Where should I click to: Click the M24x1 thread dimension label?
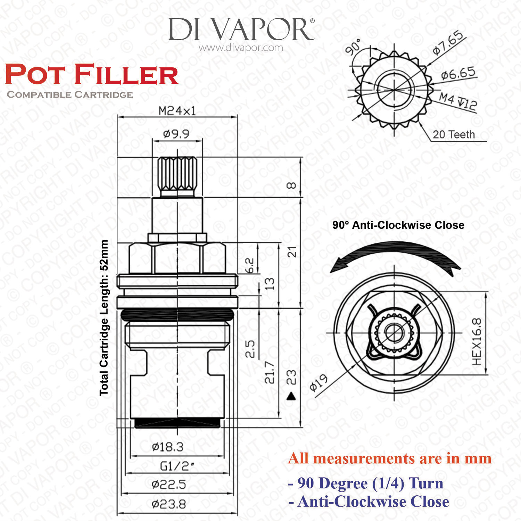[177, 111]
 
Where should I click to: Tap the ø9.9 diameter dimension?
[176, 134]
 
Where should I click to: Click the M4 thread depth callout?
[458, 101]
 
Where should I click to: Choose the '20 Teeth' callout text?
[454, 134]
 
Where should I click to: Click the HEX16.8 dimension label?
[477, 341]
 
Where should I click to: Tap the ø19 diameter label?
[319, 382]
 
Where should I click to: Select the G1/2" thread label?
[177, 466]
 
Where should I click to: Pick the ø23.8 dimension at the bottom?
[169, 504]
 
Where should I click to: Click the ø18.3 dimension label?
[168, 447]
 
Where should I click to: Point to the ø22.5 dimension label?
[169, 484]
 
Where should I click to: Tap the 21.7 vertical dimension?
[270, 372]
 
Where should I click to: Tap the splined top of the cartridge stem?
[177, 174]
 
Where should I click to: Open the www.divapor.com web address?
[241, 48]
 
